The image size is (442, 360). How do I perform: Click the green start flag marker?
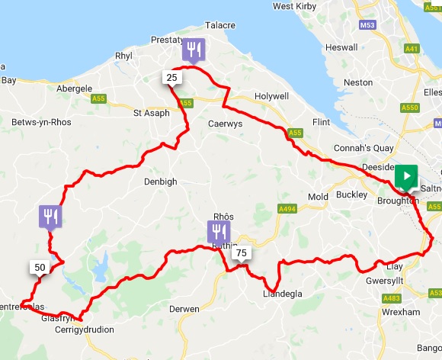click(407, 177)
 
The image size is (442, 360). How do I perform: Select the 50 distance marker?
click(40, 267)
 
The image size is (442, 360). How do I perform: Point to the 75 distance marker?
click(241, 253)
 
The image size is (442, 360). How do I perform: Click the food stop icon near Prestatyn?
click(194, 51)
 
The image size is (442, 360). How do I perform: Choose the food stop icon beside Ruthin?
click(218, 232)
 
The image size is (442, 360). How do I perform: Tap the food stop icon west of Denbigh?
click(50, 217)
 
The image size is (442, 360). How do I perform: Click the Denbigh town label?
click(160, 182)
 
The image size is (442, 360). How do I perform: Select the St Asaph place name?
click(149, 114)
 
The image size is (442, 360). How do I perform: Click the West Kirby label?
click(294, 6)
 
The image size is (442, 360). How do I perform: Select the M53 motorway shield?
click(367, 47)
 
